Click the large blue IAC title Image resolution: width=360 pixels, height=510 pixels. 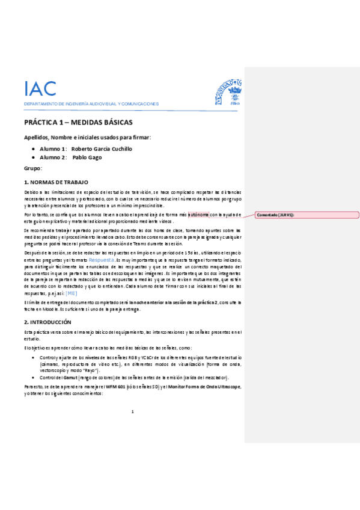pos(40,88)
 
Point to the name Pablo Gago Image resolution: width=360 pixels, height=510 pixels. pos(87,158)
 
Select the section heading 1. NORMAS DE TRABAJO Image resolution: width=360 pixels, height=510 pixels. pos(56,182)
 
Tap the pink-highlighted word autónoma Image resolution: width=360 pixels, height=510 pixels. pos(198,214)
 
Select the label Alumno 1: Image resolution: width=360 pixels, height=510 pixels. pos(52,149)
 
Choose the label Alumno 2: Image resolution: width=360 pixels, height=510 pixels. pos(52,158)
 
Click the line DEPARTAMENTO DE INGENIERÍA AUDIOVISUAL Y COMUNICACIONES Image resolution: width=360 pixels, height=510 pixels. pos(91,104)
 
